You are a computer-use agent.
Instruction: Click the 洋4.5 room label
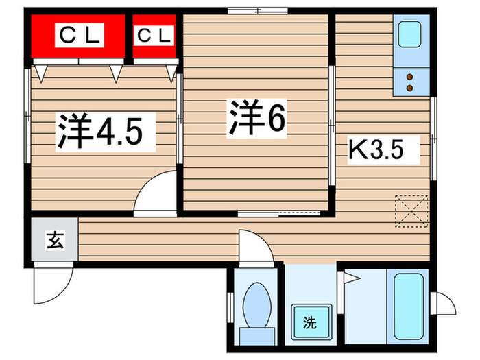coord(100,131)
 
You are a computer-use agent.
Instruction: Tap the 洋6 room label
coord(256,118)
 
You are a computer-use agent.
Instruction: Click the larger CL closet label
coord(80,35)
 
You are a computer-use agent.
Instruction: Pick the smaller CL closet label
coord(154,35)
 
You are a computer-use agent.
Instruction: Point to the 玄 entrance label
coord(55,240)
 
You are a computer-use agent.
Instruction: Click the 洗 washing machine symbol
coord(311,322)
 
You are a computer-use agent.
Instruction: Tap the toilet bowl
coord(257,304)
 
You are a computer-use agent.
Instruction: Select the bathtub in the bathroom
coord(409,307)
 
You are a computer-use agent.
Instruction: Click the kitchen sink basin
coord(409,34)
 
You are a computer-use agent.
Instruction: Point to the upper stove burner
coord(410,77)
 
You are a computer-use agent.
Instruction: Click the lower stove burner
coord(410,88)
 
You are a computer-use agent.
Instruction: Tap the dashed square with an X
coord(411,211)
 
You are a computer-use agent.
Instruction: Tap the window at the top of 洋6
coord(258,11)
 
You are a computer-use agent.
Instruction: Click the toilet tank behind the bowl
coord(257,336)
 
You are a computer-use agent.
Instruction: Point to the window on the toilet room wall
coord(230,307)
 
